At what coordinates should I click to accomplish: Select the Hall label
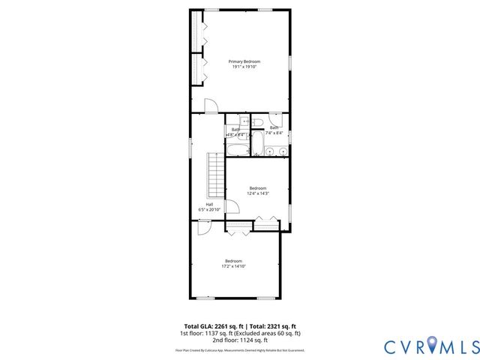click(209, 204)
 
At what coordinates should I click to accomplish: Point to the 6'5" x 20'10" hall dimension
click(209, 210)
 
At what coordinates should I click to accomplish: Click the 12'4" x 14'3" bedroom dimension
click(258, 193)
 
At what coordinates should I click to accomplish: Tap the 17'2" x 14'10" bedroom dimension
click(233, 266)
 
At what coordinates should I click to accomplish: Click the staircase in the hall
click(217, 172)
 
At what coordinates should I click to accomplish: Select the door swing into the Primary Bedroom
click(212, 106)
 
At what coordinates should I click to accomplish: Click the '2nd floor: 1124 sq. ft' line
click(239, 339)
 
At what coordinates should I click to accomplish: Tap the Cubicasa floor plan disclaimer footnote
click(239, 349)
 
